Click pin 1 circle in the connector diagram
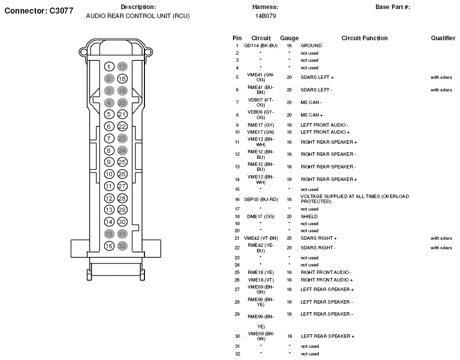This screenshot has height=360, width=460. click(x=109, y=66)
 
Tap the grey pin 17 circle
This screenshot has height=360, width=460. click(x=122, y=66)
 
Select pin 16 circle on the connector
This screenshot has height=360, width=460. click(x=109, y=246)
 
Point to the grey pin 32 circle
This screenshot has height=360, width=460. click(x=122, y=246)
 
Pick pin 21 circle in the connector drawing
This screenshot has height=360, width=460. click(x=122, y=114)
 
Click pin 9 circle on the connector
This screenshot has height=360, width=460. click(x=109, y=162)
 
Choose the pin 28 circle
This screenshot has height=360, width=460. click(x=122, y=198)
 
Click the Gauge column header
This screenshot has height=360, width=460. click(x=289, y=38)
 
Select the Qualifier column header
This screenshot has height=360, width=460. click(x=443, y=38)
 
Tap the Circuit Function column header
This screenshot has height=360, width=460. click(x=364, y=38)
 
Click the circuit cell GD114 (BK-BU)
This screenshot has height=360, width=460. click(x=261, y=46)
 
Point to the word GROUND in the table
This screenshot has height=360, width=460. click(x=311, y=46)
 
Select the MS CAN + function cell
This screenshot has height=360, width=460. click(x=312, y=115)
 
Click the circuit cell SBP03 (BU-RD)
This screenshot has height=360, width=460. click(x=261, y=199)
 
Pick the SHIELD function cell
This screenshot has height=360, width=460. click(x=309, y=217)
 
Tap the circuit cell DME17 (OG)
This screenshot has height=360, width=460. click(x=261, y=217)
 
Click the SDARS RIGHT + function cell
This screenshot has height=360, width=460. click(x=319, y=238)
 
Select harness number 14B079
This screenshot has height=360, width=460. click(x=265, y=16)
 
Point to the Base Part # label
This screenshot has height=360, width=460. click(x=393, y=7)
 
